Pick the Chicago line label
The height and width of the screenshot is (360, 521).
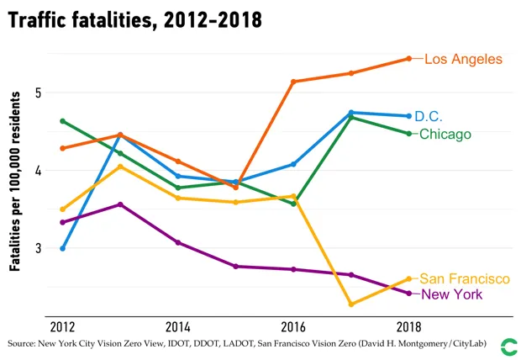click(445, 134)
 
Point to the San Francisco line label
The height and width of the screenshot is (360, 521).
click(465, 278)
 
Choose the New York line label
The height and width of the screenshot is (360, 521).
click(452, 294)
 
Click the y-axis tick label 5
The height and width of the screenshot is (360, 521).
click(39, 93)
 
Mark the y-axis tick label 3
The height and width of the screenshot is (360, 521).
click(39, 248)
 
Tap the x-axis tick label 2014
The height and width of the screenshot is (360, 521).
click(177, 326)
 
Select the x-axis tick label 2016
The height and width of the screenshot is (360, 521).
click(293, 326)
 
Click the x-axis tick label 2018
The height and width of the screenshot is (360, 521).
click(408, 326)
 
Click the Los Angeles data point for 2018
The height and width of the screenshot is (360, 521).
click(408, 58)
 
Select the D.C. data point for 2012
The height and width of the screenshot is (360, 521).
click(62, 248)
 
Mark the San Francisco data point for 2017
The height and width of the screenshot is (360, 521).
click(351, 304)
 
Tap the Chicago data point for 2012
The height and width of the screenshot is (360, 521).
click(62, 121)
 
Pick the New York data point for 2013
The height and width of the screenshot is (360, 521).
click(120, 204)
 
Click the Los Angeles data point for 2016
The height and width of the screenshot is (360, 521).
click(293, 82)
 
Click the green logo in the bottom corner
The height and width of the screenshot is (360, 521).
click(508, 345)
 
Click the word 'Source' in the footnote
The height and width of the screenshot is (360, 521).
click(22, 345)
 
